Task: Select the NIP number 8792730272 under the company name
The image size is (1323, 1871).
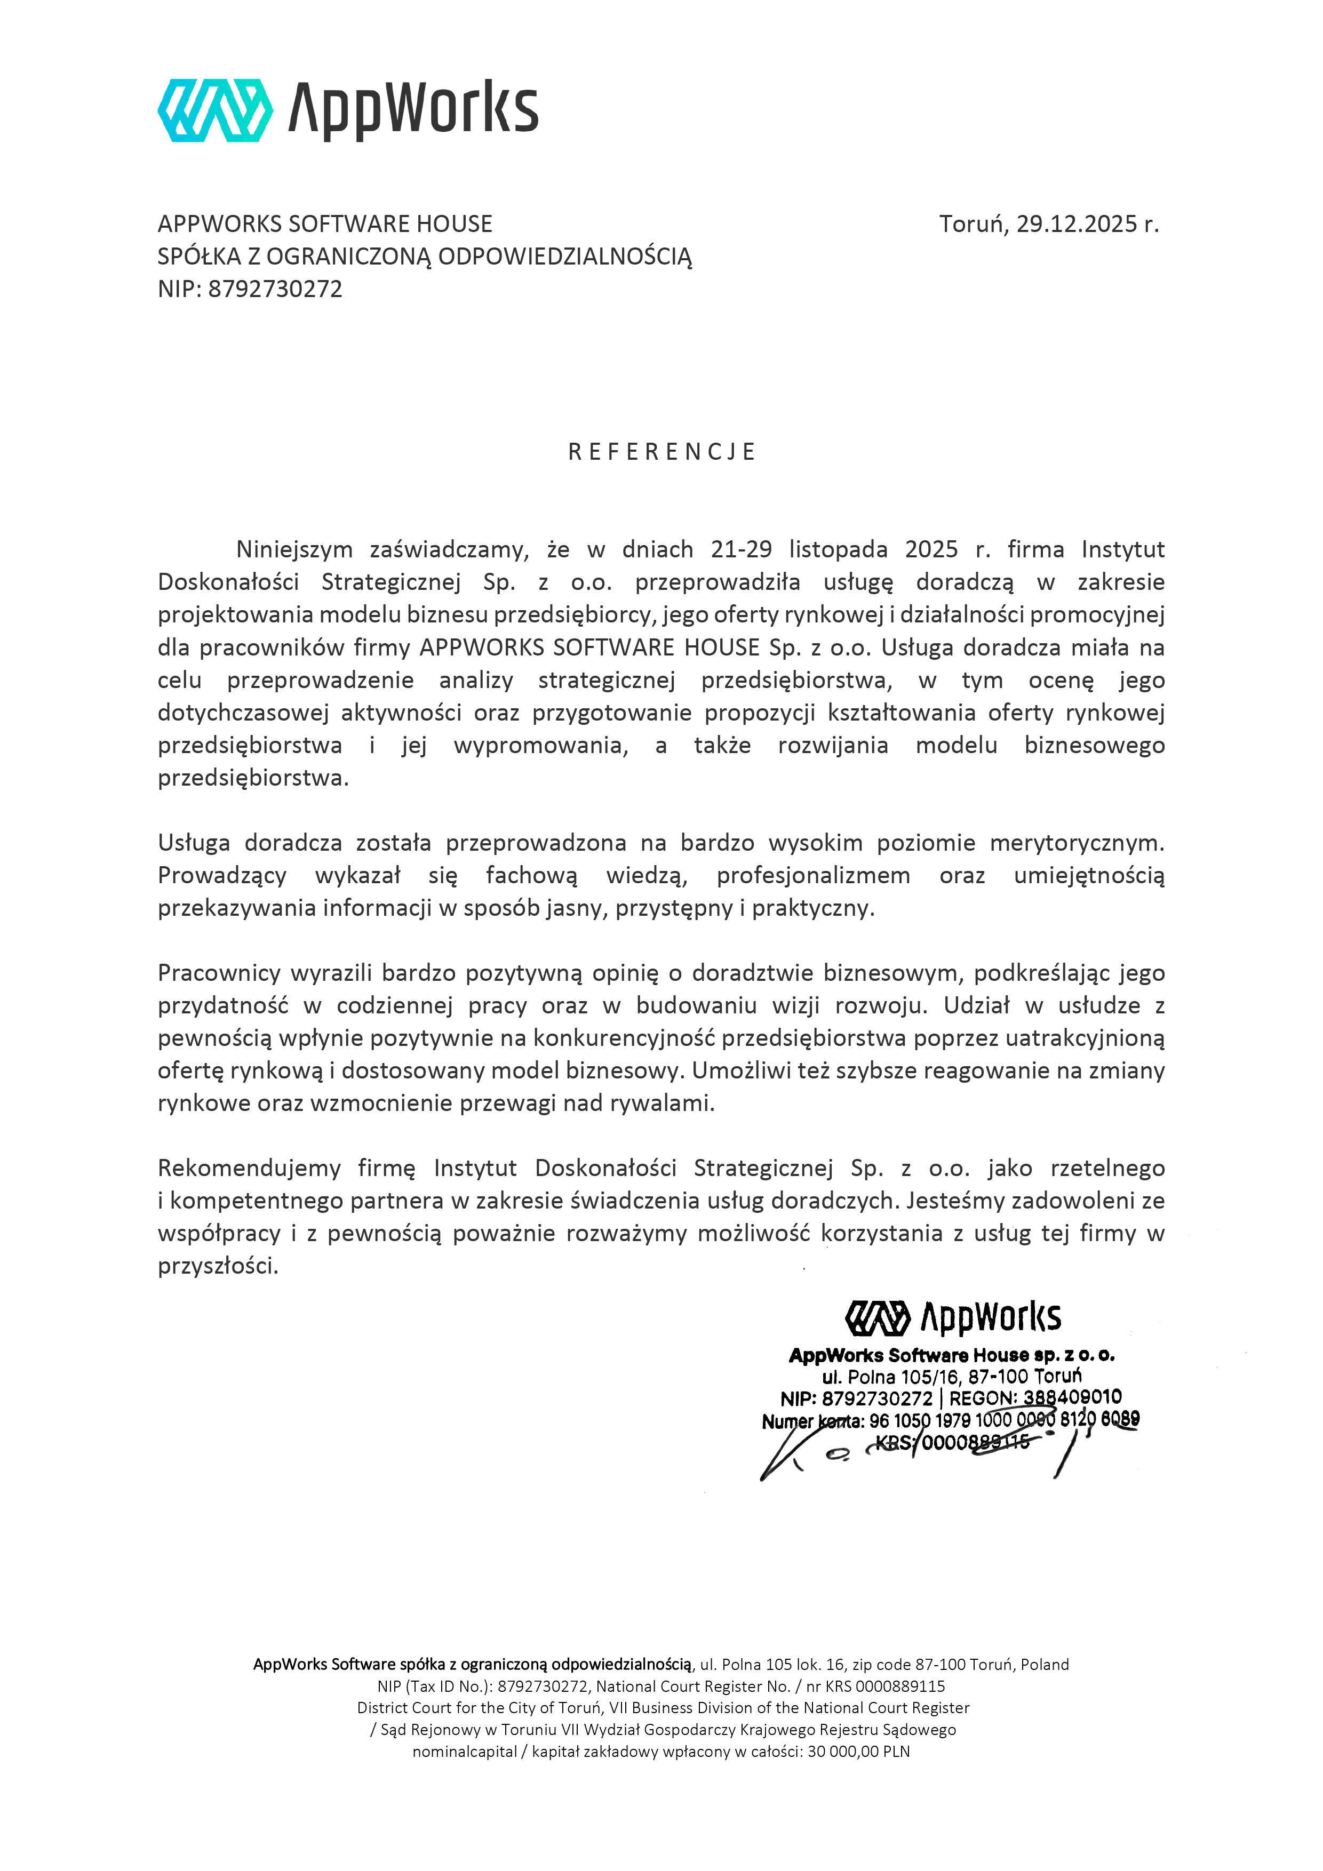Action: click(x=275, y=289)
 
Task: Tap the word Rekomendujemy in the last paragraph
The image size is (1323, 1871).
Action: click(x=249, y=1169)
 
